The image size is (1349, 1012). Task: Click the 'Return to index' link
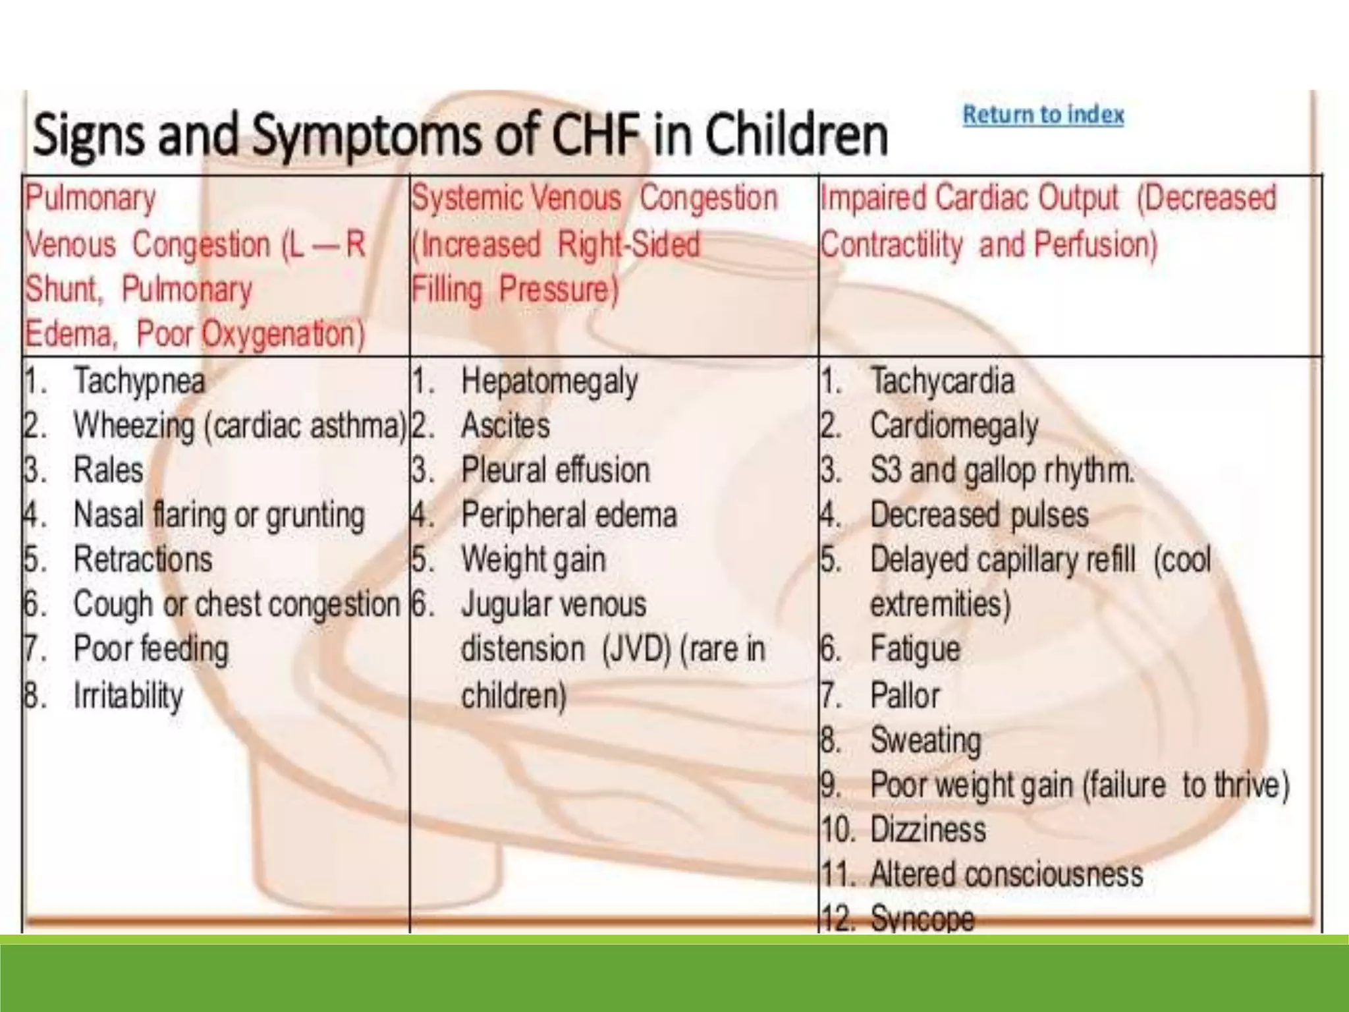(x=1043, y=115)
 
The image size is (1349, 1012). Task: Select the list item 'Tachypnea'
(x=139, y=381)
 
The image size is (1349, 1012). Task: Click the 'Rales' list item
(x=108, y=470)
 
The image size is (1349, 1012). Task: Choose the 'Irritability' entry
(x=128, y=696)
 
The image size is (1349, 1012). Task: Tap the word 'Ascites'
(x=505, y=426)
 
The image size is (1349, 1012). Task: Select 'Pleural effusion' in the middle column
(x=555, y=470)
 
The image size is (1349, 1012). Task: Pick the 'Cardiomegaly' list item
(x=954, y=426)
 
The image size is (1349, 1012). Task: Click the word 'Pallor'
(x=904, y=696)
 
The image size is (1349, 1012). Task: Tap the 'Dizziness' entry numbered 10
(x=927, y=829)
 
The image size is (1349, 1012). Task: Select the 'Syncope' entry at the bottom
(x=922, y=918)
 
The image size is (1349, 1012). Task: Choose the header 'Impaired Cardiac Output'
(x=968, y=198)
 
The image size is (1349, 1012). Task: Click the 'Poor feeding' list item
(x=151, y=649)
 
